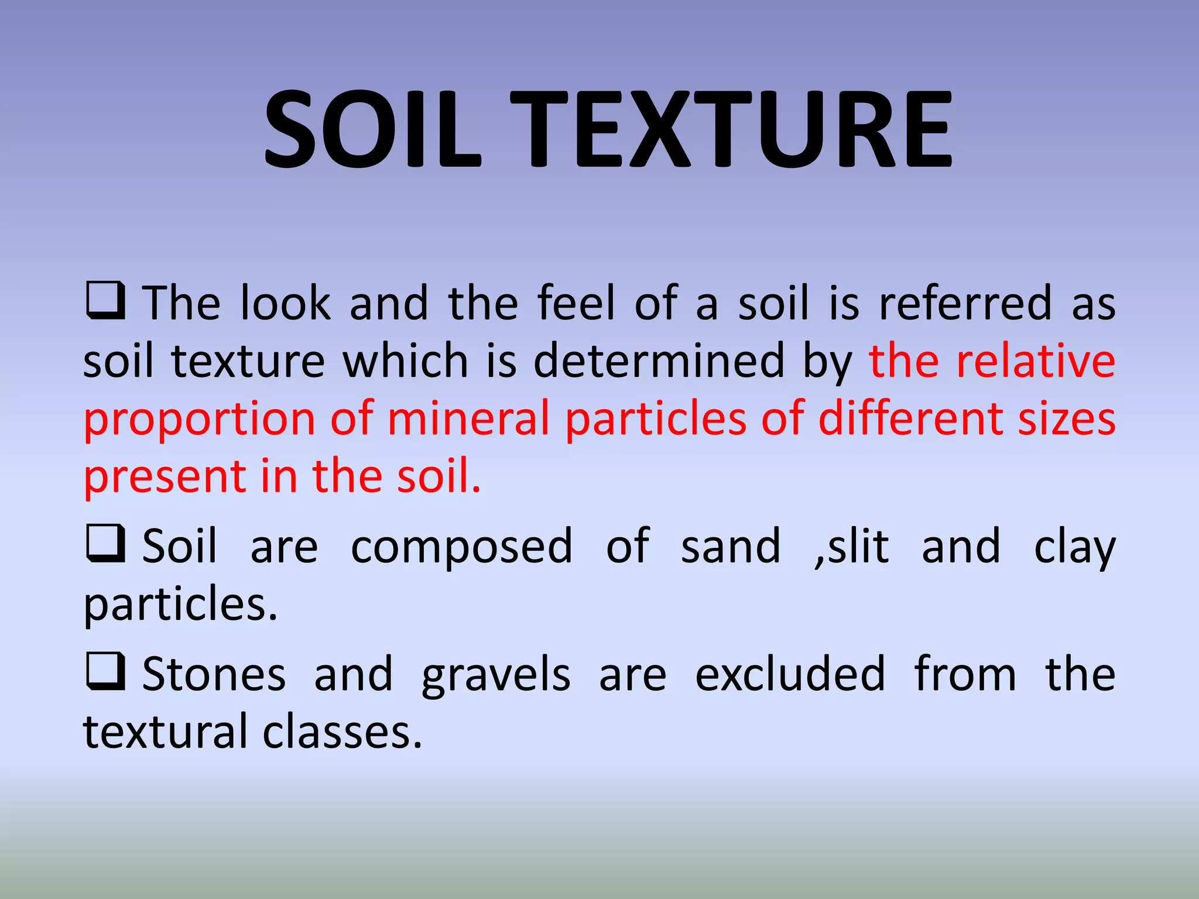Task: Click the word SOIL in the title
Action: pyautogui.click(x=372, y=130)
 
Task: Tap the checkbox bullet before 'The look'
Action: pyautogui.click(x=105, y=300)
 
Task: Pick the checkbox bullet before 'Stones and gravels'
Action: pyautogui.click(x=105, y=671)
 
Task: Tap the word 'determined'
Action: pyautogui.click(x=659, y=361)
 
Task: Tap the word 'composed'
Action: pyautogui.click(x=461, y=547)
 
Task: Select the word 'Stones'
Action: pyautogui.click(x=214, y=675)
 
